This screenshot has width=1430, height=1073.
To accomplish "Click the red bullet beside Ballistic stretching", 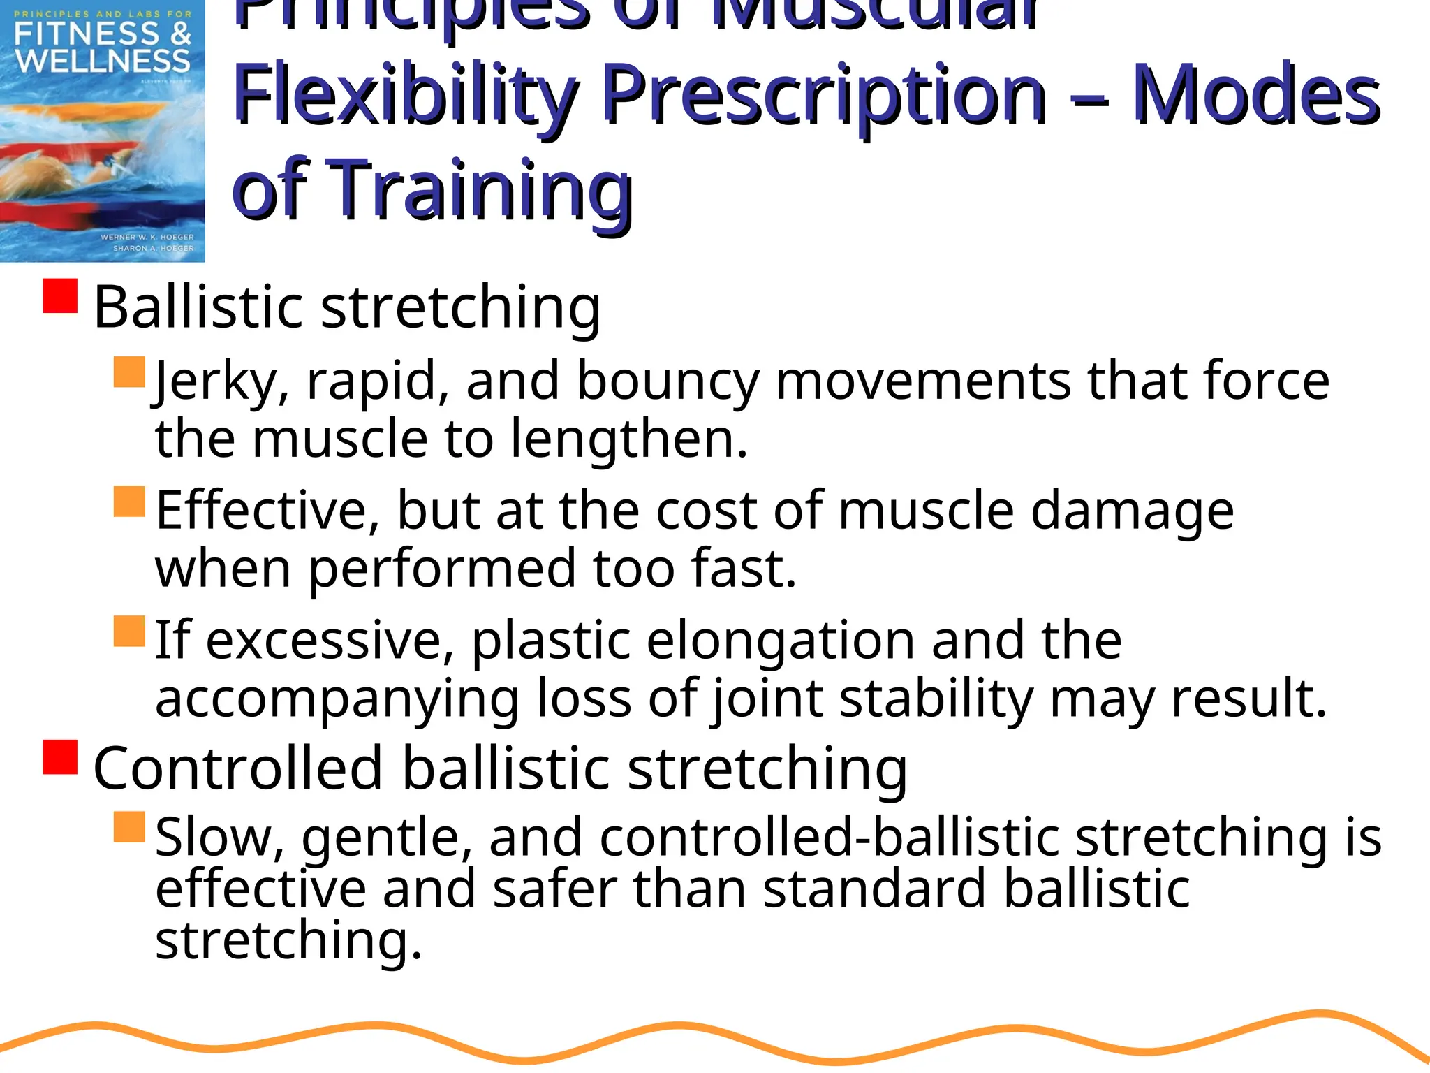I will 60,295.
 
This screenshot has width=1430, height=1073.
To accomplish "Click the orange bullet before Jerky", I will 129,372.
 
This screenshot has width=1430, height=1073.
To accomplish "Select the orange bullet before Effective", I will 129,501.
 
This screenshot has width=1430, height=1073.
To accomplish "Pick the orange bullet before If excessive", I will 129,631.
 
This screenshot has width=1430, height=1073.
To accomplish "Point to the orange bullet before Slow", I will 129,826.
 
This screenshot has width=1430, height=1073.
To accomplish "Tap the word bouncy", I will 668,382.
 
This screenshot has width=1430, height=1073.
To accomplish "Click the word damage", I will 1132,511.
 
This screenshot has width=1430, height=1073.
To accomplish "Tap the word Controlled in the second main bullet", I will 238,768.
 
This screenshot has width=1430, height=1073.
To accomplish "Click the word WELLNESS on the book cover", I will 103,61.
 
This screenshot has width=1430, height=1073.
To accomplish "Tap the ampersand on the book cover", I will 180,33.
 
